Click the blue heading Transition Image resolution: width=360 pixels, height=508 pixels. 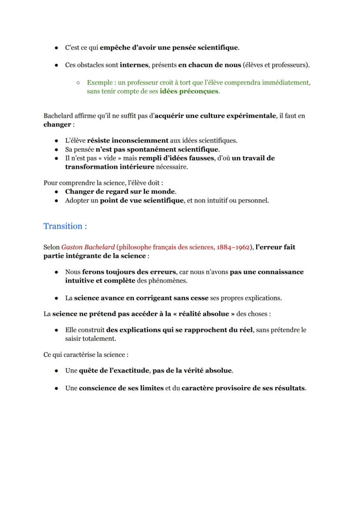pyautogui.click(x=65, y=226)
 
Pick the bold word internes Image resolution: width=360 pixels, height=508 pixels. pyautogui.click(x=134, y=65)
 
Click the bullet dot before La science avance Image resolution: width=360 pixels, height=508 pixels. pyautogui.click(x=57, y=298)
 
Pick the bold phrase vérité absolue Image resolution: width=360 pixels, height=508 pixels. pyautogui.click(x=206, y=371)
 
